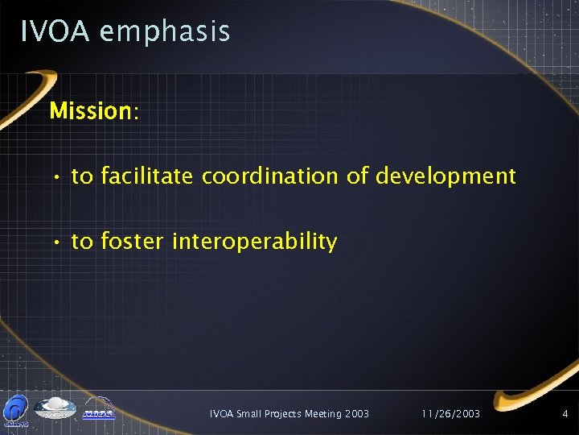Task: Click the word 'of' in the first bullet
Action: (x=357, y=176)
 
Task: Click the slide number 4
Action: (x=565, y=414)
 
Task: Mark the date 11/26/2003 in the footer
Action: (x=450, y=414)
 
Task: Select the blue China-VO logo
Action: (x=16, y=409)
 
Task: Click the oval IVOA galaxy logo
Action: (x=55, y=408)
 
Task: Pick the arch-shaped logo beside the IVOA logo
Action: (x=98, y=408)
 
